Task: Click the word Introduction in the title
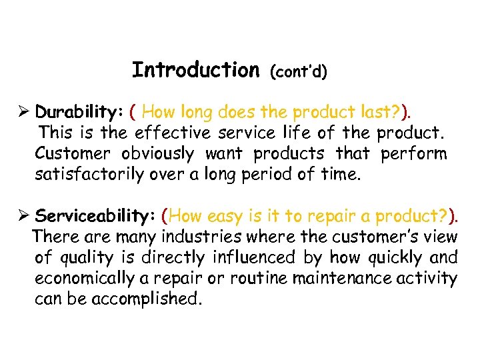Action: [195, 69]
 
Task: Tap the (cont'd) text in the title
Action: [297, 71]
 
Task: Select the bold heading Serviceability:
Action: [95, 216]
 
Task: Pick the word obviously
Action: [157, 153]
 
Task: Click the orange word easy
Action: [227, 216]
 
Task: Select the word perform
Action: [413, 153]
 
